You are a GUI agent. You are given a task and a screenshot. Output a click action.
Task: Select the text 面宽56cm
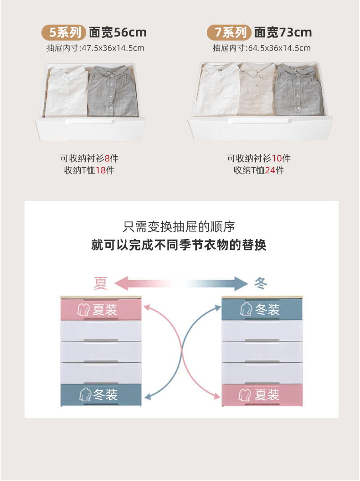(x=118, y=32)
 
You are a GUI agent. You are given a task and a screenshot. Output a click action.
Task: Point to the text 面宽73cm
(x=283, y=32)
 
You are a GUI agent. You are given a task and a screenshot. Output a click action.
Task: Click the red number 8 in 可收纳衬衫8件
(x=107, y=159)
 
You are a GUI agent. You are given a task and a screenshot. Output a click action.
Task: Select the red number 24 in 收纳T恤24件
(x=270, y=170)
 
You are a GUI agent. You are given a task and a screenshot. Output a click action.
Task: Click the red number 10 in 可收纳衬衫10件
(x=277, y=159)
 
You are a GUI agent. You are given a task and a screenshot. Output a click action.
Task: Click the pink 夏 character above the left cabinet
(x=101, y=283)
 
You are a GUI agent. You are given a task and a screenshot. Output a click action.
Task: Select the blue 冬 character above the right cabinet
(x=261, y=283)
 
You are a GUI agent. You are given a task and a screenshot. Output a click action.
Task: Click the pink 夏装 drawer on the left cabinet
(x=101, y=309)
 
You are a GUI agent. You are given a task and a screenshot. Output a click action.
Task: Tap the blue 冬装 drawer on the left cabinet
(x=101, y=394)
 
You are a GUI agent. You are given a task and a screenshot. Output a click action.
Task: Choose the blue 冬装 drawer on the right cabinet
(x=262, y=309)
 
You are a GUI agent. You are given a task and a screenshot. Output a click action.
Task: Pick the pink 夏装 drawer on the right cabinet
(x=262, y=394)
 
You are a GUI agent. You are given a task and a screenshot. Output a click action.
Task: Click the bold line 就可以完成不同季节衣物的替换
(x=179, y=245)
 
